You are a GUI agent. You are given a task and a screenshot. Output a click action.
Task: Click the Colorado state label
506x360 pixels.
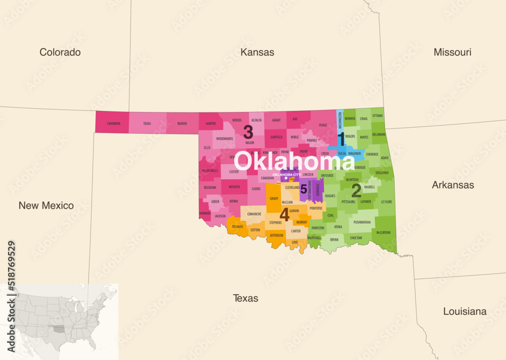[60, 52]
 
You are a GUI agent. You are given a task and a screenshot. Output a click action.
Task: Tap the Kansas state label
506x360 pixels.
[257, 52]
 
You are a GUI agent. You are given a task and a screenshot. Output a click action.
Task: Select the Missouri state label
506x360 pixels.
[452, 52]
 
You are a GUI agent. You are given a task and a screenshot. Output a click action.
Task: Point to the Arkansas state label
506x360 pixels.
[452, 185]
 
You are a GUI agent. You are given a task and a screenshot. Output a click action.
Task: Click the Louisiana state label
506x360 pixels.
[465, 311]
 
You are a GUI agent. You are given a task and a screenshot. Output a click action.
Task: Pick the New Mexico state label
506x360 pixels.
[46, 205]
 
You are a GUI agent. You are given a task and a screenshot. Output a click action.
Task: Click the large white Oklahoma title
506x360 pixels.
[294, 162]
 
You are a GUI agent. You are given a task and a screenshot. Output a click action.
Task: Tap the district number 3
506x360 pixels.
[248, 132]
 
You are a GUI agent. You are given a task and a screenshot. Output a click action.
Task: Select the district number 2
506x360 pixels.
[356, 191]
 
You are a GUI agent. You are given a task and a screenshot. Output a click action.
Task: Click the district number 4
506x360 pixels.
[284, 215]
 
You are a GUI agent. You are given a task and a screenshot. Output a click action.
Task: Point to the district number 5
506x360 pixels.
[304, 189]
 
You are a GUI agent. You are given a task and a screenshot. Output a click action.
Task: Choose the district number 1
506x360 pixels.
[341, 138]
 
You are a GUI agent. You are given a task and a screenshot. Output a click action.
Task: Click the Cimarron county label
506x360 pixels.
[113, 124]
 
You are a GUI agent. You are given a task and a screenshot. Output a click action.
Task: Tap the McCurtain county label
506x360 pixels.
[384, 232]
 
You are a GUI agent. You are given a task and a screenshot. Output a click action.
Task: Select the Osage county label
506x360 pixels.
[322, 125]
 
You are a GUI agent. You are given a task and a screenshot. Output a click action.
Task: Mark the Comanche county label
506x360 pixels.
[254, 214]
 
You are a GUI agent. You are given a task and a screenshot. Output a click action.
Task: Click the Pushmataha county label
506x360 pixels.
[362, 222]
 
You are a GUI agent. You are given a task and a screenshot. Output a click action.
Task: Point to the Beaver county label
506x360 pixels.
[182, 124]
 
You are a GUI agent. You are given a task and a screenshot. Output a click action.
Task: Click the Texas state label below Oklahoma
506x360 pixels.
[245, 298]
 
